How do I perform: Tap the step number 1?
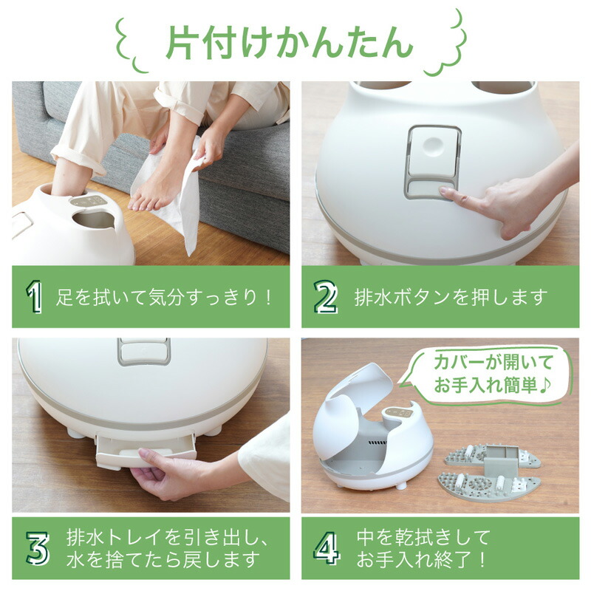coord(33,298)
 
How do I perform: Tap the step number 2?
coord(325,298)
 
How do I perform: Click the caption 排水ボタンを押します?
coord(451,298)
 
